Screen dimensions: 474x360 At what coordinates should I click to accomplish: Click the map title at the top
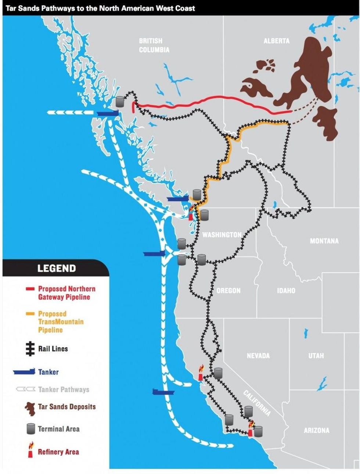coord(100,8)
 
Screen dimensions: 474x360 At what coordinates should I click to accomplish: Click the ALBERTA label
coord(276,41)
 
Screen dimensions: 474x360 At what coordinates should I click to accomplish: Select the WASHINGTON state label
coord(222,235)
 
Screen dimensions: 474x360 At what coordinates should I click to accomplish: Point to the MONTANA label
coord(324,241)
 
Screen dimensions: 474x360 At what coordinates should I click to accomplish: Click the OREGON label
coord(228,291)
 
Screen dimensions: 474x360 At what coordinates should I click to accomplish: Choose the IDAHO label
coord(286,291)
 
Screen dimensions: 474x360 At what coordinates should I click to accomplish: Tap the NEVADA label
coord(258,356)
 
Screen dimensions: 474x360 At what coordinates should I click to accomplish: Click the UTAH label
coord(316,356)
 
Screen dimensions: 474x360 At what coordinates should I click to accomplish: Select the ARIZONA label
coord(316,430)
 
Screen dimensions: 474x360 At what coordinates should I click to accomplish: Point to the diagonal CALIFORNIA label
coord(257,403)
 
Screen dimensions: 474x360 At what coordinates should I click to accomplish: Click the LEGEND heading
coord(57,268)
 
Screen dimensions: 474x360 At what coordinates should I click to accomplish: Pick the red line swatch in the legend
coord(30,289)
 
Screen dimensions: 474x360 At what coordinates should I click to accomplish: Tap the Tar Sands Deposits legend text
coord(67,407)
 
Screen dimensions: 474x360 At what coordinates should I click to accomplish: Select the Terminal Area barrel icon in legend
coord(30,429)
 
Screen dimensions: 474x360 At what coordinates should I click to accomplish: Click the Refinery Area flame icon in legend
coord(30,449)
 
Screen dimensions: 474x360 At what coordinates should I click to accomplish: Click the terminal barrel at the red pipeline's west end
coord(120,101)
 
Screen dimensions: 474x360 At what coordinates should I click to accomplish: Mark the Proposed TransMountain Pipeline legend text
coord(61,322)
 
